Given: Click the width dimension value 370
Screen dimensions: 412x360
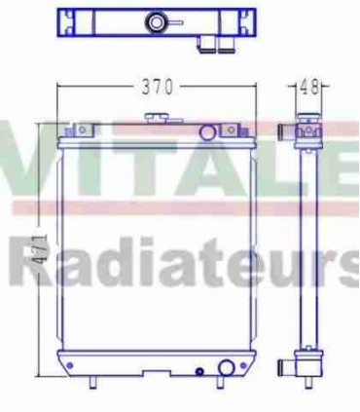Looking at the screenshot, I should tap(157, 88).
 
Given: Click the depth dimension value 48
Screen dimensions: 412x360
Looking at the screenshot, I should tap(309, 88).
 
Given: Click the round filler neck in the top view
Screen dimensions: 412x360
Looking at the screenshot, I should tap(155, 22).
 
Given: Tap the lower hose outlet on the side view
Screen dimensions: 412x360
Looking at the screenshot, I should tap(290, 368).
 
